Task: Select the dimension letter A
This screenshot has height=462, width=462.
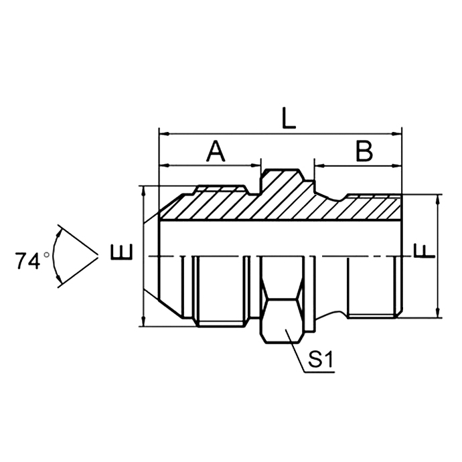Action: click(x=215, y=151)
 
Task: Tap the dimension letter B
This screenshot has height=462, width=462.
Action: click(x=364, y=151)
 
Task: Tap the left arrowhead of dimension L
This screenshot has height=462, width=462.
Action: click(x=161, y=133)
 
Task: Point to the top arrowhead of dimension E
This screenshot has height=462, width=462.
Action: click(x=144, y=190)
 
